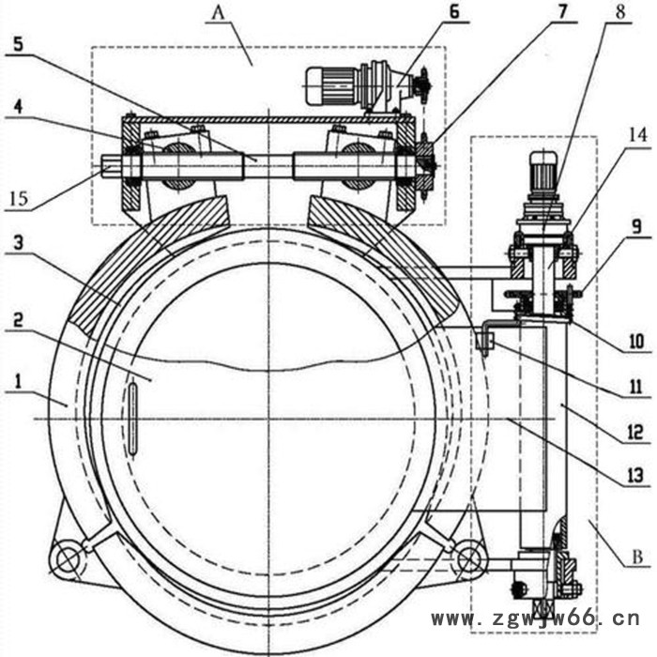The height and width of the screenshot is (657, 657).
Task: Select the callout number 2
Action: pos(18,318)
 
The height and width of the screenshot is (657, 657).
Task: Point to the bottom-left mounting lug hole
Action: pos(67,560)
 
